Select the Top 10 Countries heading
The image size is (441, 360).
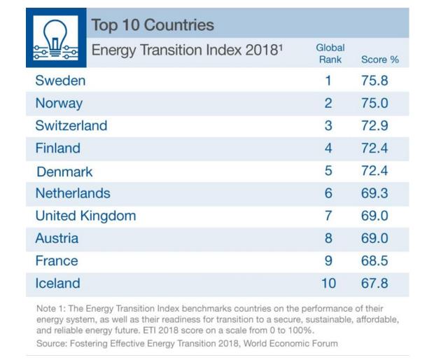[x=153, y=26]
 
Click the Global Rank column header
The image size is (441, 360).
[x=330, y=54]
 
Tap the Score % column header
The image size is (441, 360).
[x=379, y=60]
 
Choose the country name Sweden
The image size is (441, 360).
[x=60, y=81]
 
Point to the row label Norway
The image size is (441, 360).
[x=59, y=103]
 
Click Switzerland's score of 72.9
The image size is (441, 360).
[x=374, y=126]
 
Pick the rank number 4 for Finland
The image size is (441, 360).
[x=328, y=148]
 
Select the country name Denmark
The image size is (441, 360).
[x=64, y=171]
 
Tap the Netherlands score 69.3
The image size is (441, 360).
[x=374, y=193]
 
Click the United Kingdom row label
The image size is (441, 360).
[x=85, y=216]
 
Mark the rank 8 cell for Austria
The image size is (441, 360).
[x=328, y=238]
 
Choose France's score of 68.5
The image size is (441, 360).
[x=374, y=261]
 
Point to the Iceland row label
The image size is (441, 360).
[x=57, y=284]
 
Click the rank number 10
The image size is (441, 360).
[x=328, y=284]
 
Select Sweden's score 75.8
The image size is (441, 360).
[x=374, y=81]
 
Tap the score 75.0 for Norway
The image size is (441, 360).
[x=374, y=103]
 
